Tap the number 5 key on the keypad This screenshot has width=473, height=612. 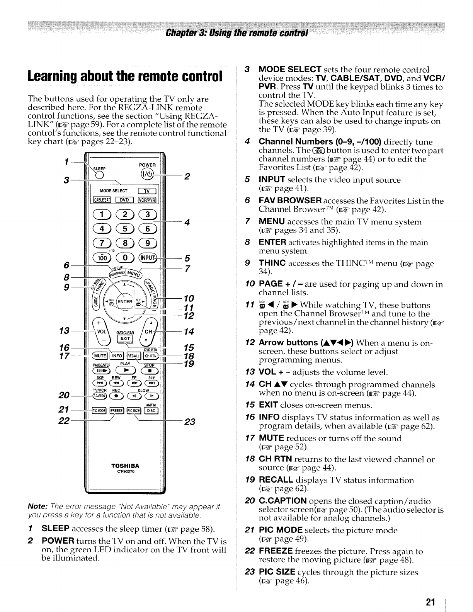pos(124,229)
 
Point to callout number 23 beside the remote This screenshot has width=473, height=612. pos(189,422)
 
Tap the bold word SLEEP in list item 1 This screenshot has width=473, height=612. pos(55,528)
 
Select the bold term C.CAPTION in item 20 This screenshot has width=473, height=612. pos(282,501)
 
